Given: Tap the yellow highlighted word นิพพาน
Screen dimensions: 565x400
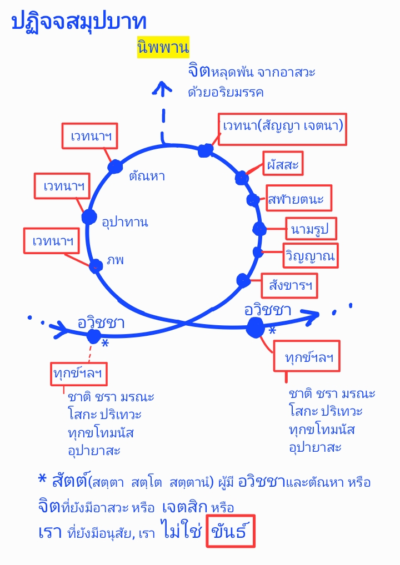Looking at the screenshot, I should pyautogui.click(x=163, y=48).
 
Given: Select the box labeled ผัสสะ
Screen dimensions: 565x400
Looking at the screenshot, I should pyautogui.click(x=283, y=164).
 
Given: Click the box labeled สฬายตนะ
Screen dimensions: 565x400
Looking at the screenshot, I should pyautogui.click(x=299, y=198).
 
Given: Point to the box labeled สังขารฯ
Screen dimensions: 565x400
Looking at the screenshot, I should pyautogui.click(x=290, y=286).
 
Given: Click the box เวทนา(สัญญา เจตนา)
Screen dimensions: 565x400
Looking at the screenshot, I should pyautogui.click(x=283, y=127).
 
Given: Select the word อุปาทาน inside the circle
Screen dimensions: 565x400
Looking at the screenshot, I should pyautogui.click(x=125, y=222).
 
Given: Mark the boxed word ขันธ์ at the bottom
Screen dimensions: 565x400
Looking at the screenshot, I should pyautogui.click(x=231, y=533).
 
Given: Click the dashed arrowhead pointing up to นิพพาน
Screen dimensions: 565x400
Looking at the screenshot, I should pyautogui.click(x=163, y=88).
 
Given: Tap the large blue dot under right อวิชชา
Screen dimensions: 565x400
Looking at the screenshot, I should pyautogui.click(x=256, y=326).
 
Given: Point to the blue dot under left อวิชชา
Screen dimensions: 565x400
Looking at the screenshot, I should pyautogui.click(x=93, y=336).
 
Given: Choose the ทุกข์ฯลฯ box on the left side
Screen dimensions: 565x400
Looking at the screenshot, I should pyautogui.click(x=78, y=374).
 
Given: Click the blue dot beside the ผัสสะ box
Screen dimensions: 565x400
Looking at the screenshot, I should pyautogui.click(x=242, y=178).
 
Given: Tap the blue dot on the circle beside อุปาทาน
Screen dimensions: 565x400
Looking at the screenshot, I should pyautogui.click(x=89, y=217).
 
